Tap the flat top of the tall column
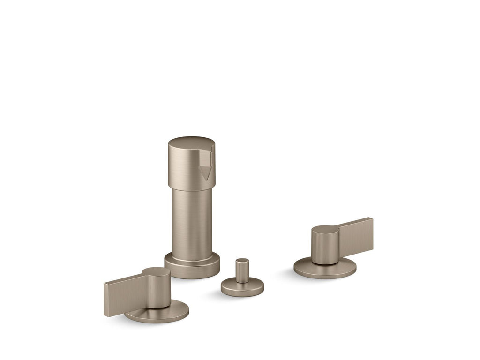[x=191, y=142]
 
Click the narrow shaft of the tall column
[x=191, y=220]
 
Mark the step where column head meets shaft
[x=191, y=189]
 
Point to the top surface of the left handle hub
[x=156, y=271]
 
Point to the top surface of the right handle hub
[x=325, y=230]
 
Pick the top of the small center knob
[x=242, y=261]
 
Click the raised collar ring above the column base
[x=192, y=257]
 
